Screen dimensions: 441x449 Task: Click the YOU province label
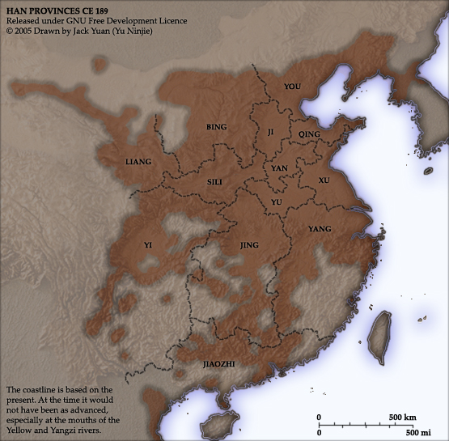click(x=292, y=85)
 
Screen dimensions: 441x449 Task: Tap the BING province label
click(x=217, y=127)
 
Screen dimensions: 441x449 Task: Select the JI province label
click(x=271, y=131)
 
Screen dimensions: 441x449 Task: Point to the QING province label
click(x=309, y=134)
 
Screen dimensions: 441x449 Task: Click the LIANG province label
click(x=138, y=162)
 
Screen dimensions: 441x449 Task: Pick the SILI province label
click(x=214, y=182)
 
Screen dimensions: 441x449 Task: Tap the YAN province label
click(x=279, y=168)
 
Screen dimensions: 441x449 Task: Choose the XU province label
click(x=324, y=180)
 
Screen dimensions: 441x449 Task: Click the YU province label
click(x=276, y=201)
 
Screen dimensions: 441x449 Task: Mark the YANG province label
click(x=320, y=230)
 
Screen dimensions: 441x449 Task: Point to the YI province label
click(x=147, y=244)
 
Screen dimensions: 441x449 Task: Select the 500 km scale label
click(x=402, y=418)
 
